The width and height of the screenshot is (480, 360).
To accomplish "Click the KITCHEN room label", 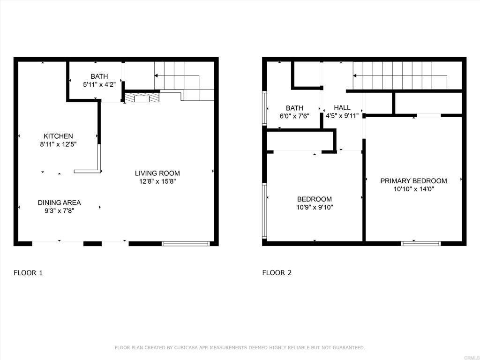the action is [58, 136].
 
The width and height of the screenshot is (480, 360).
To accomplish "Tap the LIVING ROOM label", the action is [157, 173].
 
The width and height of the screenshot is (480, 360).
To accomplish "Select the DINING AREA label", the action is [60, 202].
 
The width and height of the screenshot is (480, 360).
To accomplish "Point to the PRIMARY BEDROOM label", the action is [413, 181].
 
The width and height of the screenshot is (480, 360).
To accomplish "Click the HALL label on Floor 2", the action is [342, 108].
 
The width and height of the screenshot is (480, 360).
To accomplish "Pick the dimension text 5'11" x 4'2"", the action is [99, 84].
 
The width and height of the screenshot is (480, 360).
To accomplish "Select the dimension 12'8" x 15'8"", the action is [157, 181].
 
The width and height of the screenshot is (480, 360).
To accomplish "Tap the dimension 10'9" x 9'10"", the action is [315, 207].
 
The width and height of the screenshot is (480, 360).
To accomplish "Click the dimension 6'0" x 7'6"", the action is [294, 116].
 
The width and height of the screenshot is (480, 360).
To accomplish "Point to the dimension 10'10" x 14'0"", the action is [413, 189].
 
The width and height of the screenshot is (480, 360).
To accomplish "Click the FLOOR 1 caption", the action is [28, 273].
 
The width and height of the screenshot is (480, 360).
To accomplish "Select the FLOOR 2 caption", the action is [277, 273].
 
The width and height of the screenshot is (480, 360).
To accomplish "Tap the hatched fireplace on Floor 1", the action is [142, 97].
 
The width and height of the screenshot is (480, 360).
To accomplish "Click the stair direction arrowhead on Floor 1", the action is [156, 75].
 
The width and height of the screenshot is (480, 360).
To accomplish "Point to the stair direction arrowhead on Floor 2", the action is [355, 75].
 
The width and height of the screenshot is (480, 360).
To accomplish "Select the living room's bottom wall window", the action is [186, 244].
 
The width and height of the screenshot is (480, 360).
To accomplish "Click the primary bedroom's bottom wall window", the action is [421, 244].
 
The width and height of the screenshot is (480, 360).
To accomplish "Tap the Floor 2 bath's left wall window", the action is [265, 108].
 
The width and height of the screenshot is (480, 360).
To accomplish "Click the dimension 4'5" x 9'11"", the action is [342, 116].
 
